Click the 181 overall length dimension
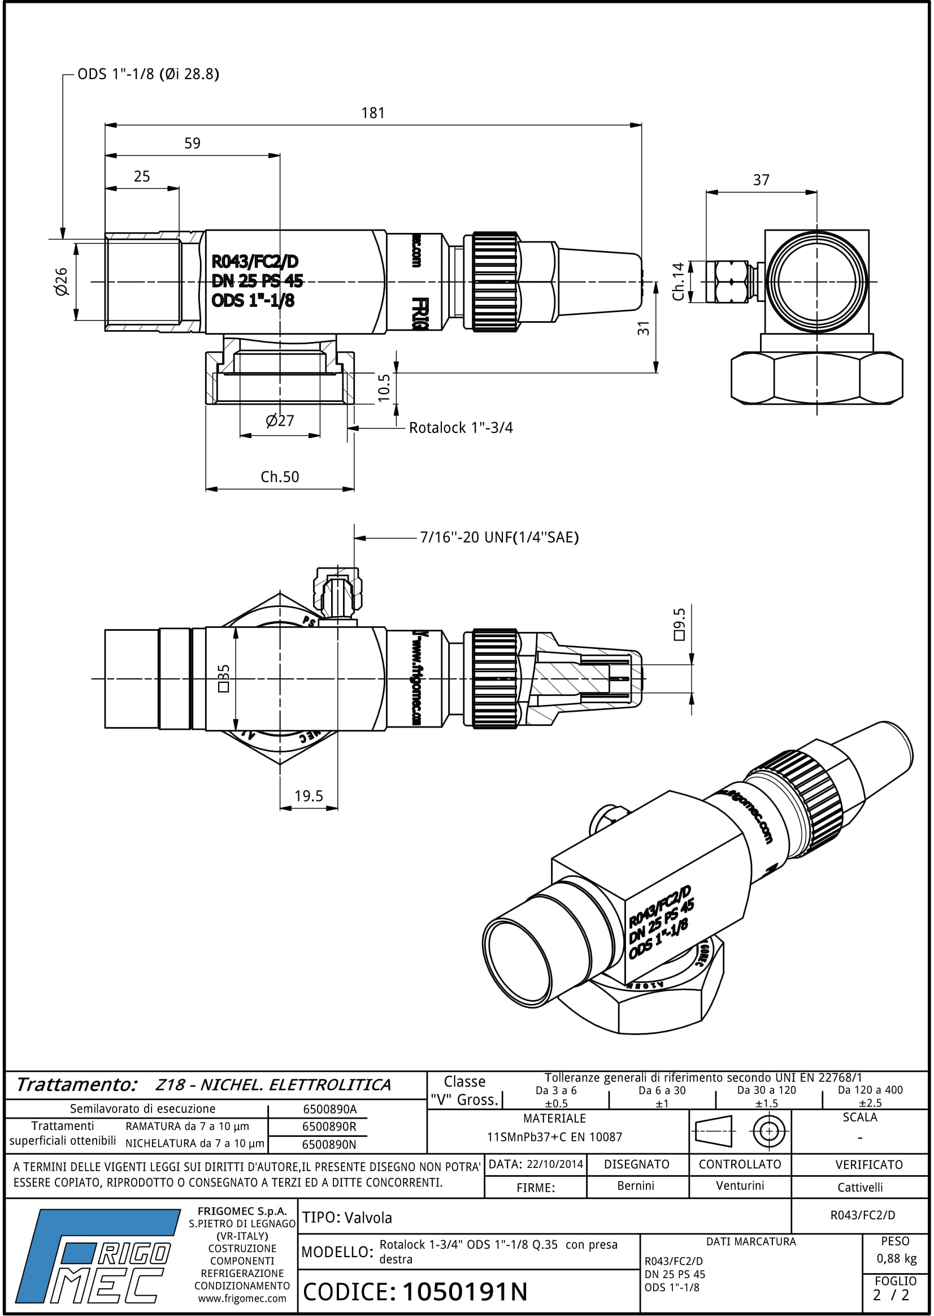click(x=373, y=114)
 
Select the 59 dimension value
click(x=192, y=143)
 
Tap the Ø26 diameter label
click(x=62, y=282)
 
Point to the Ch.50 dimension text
click(x=280, y=477)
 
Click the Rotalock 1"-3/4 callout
click(x=461, y=428)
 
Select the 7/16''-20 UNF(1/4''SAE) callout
click(x=498, y=538)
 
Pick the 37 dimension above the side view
click(x=761, y=180)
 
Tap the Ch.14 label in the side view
click(x=679, y=282)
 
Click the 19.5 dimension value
click(x=309, y=796)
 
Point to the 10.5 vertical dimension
click(x=384, y=387)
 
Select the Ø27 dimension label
click(x=280, y=421)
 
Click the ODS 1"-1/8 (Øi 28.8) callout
click(x=149, y=74)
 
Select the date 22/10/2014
click(x=554, y=1164)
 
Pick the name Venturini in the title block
click(x=740, y=1186)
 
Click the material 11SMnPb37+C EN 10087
click(x=554, y=1137)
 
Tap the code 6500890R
click(x=329, y=1127)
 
